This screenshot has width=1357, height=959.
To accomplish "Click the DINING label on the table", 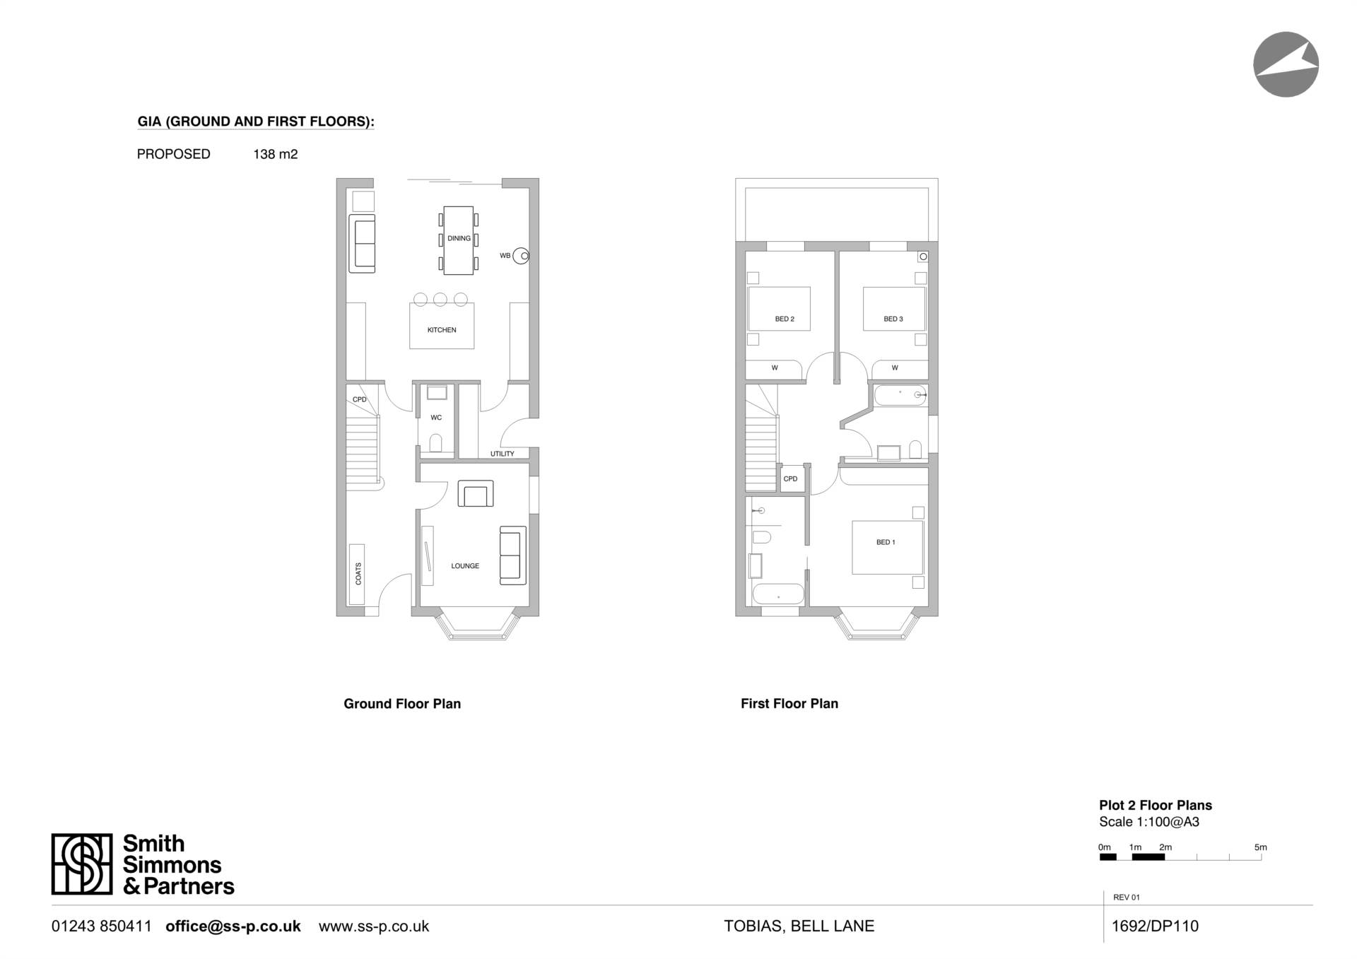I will [x=459, y=238].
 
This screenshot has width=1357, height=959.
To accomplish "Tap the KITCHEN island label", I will [x=442, y=330].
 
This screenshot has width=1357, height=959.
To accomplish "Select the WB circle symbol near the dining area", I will [x=521, y=256].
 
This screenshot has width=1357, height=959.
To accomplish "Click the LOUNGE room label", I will [x=465, y=566].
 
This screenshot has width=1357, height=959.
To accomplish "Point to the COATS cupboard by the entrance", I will [x=358, y=574].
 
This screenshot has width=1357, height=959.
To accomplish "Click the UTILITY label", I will [x=503, y=454].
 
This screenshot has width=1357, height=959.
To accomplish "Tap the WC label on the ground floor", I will [x=436, y=418].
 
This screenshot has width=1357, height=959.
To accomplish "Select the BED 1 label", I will [x=886, y=542].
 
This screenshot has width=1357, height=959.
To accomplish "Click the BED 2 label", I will [x=785, y=319].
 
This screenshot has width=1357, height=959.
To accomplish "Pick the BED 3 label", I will [x=893, y=319].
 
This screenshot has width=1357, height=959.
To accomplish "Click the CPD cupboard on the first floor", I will [x=790, y=479].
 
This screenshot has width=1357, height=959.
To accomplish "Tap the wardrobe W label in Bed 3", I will [x=895, y=368].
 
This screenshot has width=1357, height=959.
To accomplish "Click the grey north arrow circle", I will [x=1286, y=64].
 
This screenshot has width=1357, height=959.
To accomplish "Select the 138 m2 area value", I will [x=276, y=154].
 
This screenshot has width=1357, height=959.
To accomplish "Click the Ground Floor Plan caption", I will [x=402, y=704].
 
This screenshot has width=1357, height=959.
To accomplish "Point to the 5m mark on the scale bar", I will [x=1261, y=847].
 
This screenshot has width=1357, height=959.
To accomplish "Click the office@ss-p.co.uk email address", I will [x=233, y=926].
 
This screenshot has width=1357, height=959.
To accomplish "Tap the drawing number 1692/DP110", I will [x=1155, y=926].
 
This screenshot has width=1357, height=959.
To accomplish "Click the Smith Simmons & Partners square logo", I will [x=82, y=864].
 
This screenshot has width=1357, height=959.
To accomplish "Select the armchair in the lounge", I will [x=476, y=493].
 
